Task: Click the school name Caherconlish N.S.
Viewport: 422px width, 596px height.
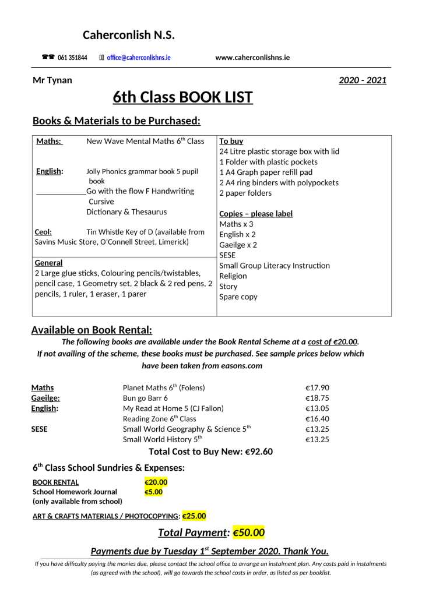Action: point(128,35)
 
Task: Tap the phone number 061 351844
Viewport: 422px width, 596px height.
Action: point(72,58)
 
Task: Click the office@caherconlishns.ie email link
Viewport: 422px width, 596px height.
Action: point(138,58)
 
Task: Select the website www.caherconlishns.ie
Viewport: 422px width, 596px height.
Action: point(252,58)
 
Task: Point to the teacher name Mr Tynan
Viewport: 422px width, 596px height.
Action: point(52,80)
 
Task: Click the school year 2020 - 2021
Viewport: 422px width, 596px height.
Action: point(362,80)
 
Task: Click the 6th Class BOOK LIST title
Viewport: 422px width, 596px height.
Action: point(182,97)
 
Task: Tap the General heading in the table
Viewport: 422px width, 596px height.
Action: point(48,263)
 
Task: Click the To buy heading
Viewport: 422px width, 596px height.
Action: point(231,141)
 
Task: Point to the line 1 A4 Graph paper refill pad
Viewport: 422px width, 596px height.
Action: point(266,172)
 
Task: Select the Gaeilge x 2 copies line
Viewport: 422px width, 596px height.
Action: point(238,245)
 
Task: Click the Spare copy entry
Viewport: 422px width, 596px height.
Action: point(238,297)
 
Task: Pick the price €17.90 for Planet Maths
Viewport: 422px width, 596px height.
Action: point(317,387)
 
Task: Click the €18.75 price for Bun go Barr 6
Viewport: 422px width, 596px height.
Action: point(317,398)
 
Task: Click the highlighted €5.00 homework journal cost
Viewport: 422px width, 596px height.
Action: point(153,492)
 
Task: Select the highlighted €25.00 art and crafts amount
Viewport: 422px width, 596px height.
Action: point(194,516)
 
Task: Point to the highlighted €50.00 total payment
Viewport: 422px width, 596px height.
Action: point(248,532)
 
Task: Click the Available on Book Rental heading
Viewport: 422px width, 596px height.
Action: point(92,330)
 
